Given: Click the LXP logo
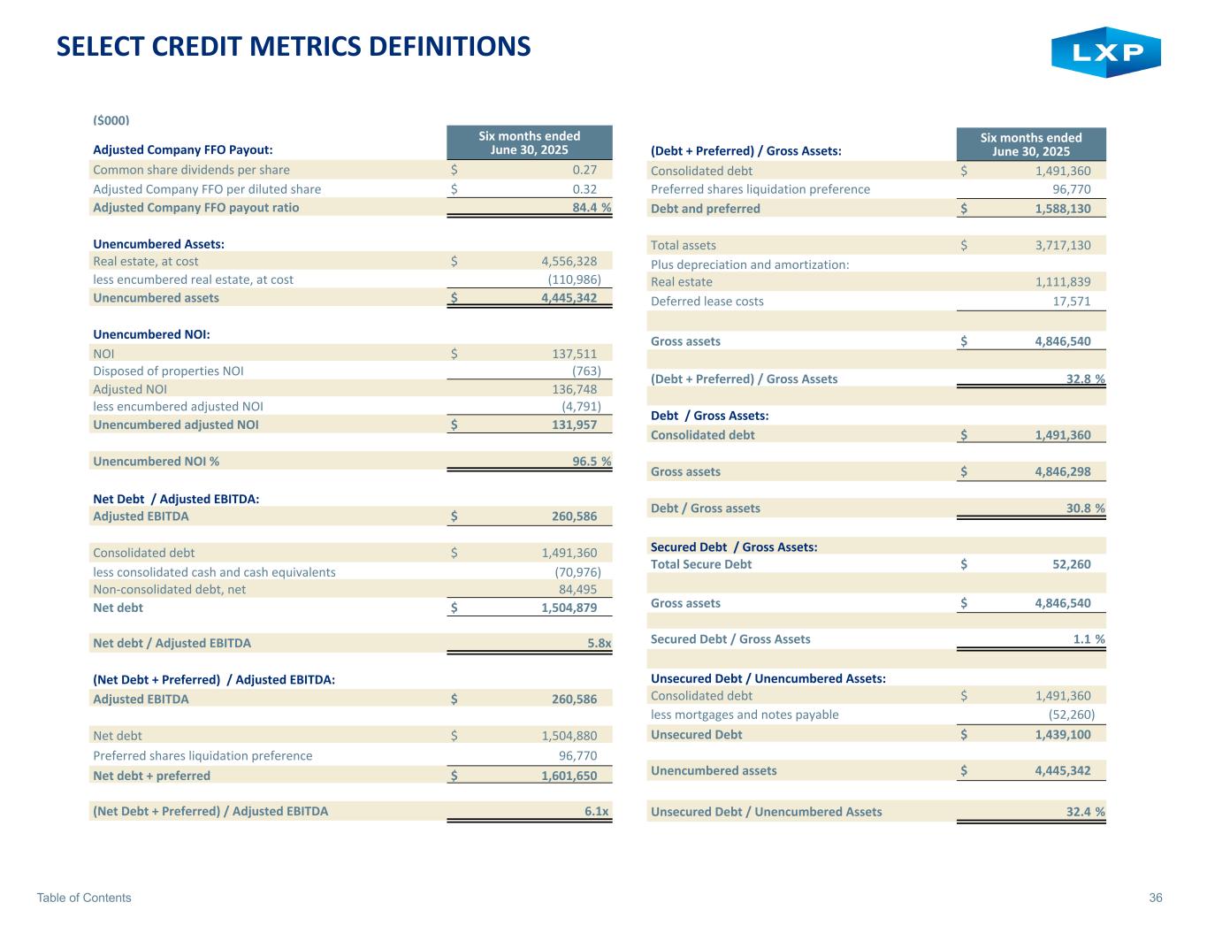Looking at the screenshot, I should pyautogui.click(x=1105, y=52).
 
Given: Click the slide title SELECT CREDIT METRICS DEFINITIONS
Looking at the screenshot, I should pyautogui.click(x=294, y=46).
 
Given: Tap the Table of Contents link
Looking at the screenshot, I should pyautogui.click(x=84, y=898).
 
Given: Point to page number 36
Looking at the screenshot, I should pyautogui.click(x=1155, y=898).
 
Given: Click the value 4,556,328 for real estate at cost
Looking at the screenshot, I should pyautogui.click(x=569, y=261).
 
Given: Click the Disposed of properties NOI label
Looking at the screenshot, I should pyautogui.click(x=168, y=371).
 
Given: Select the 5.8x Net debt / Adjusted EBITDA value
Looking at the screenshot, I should pyautogui.click(x=599, y=643).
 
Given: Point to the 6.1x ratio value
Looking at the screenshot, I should pyautogui.click(x=599, y=811).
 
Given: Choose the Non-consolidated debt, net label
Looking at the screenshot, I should pyautogui.click(x=170, y=589).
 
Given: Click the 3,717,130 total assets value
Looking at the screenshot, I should pyautogui.click(x=1058, y=245).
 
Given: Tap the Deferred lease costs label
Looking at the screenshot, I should pyautogui.click(x=707, y=301).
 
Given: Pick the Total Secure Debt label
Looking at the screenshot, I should pyautogui.click(x=701, y=564).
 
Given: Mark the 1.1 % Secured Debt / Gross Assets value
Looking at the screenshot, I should pyautogui.click(x=1087, y=639).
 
